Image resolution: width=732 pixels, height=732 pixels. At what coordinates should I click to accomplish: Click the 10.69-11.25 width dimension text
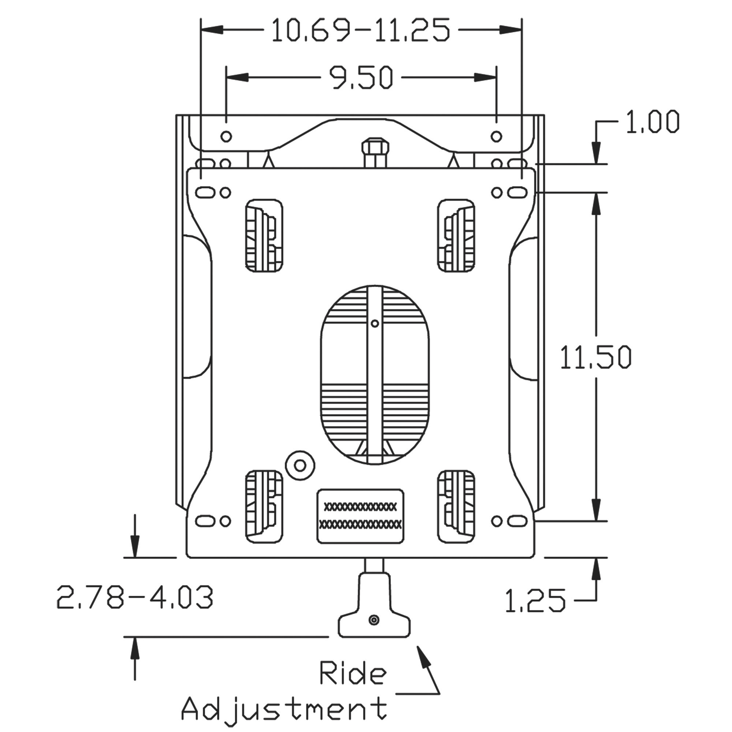pos(361,30)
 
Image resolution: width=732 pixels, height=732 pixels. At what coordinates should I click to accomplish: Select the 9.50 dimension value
pos(361,78)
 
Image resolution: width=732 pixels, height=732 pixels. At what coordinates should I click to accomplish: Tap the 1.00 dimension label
pos(652,122)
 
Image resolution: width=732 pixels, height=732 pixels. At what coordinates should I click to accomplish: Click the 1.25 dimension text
pos(535,601)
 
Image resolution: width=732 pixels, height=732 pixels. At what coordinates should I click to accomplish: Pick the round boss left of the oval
pos(300,465)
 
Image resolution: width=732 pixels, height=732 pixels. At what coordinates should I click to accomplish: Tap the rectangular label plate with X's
pos(360,516)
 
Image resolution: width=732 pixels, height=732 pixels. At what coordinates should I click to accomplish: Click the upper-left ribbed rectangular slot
pos(264,236)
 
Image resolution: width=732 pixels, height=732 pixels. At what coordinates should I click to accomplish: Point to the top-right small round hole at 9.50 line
pos(496,136)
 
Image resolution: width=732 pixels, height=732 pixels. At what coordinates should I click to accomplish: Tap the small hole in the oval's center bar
pos(375,323)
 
